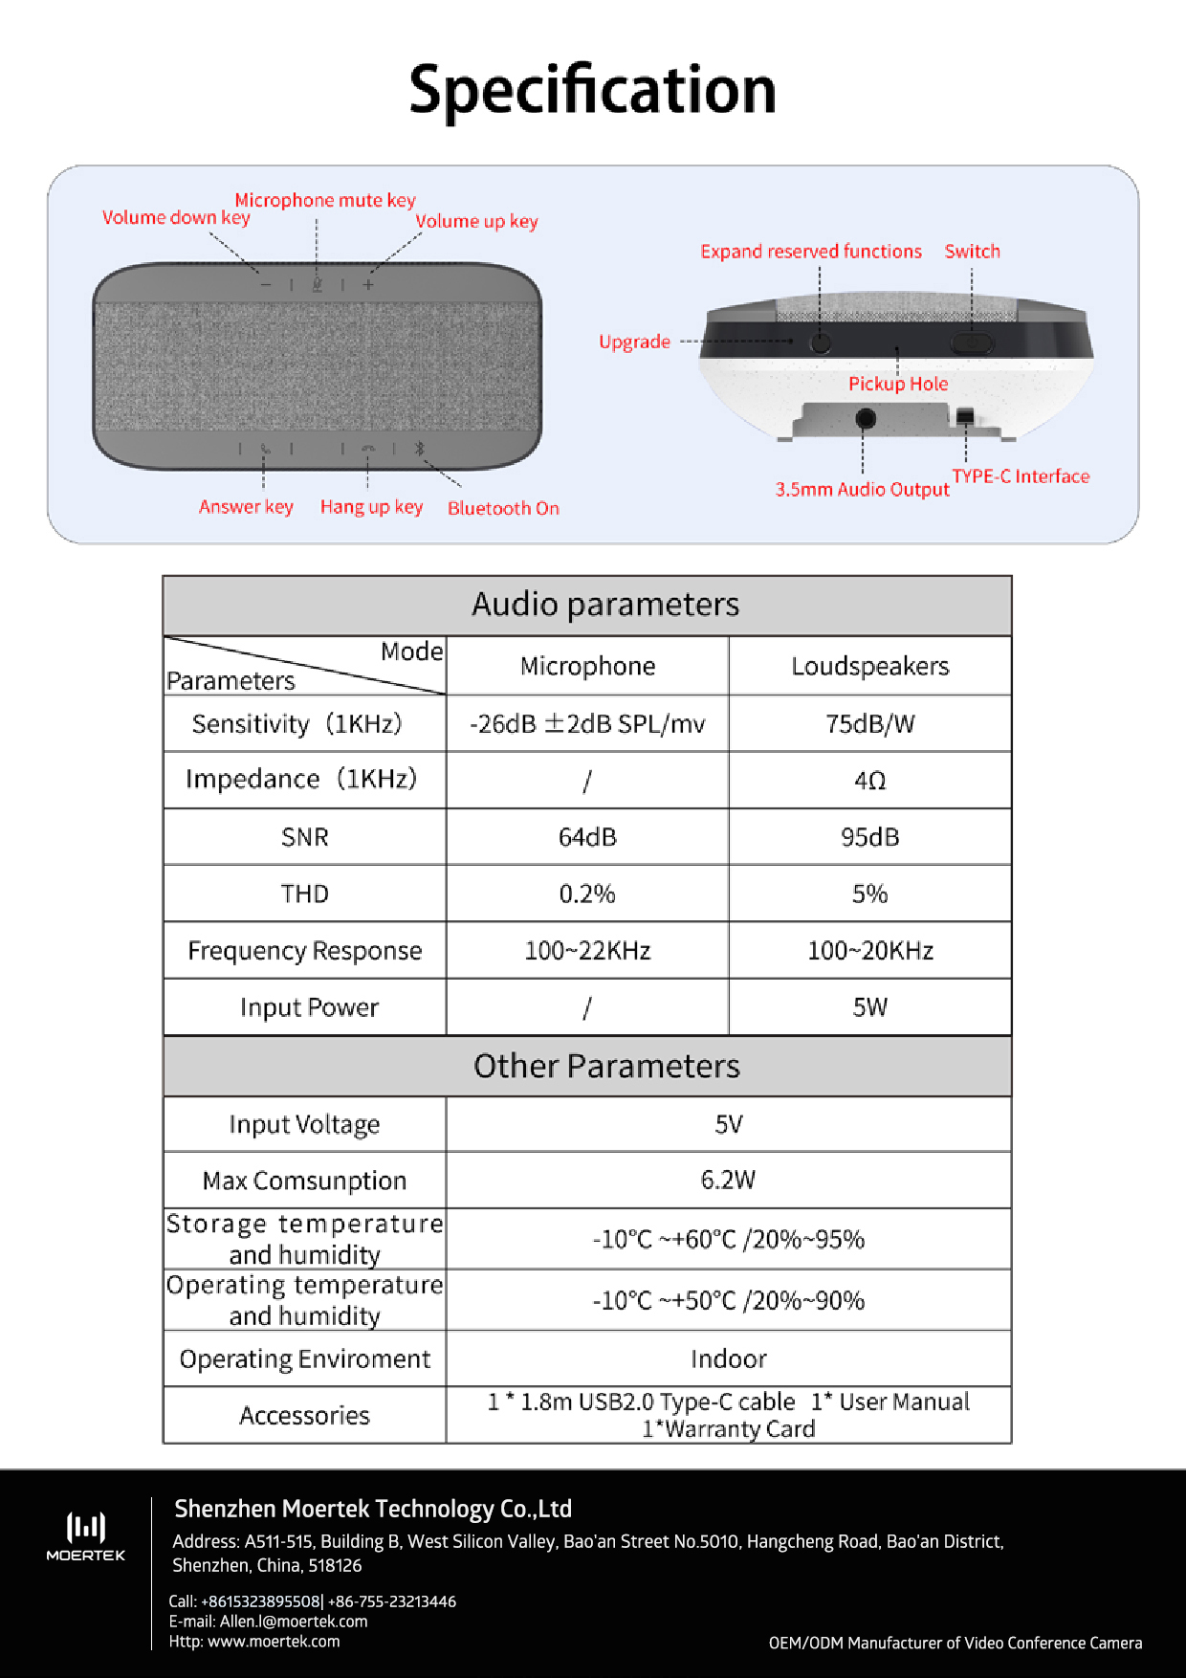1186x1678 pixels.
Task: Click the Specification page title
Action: [592, 90]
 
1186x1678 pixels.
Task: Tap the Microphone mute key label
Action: [325, 200]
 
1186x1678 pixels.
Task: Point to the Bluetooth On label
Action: [503, 508]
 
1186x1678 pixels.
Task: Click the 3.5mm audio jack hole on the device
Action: [865, 418]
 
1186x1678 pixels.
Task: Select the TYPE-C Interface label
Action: [1021, 476]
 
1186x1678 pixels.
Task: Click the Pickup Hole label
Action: [898, 384]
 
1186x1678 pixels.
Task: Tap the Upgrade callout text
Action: [634, 342]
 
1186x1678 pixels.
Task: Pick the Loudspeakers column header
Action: [869, 666]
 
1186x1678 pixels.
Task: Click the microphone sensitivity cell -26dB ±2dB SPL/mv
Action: [587, 723]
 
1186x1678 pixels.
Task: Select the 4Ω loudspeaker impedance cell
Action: [869, 781]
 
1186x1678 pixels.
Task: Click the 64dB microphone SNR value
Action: [587, 837]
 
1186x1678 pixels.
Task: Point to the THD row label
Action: [304, 894]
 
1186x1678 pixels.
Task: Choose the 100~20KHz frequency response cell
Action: [869, 950]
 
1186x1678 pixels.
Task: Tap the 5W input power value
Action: [869, 1006]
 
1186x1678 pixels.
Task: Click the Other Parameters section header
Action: [606, 1066]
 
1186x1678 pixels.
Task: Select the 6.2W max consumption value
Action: [728, 1180]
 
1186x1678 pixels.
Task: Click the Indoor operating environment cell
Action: [728, 1358]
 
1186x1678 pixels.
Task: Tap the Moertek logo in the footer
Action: [86, 1535]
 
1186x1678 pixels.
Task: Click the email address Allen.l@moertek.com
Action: [294, 1621]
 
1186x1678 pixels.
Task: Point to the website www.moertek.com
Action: [274, 1641]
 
